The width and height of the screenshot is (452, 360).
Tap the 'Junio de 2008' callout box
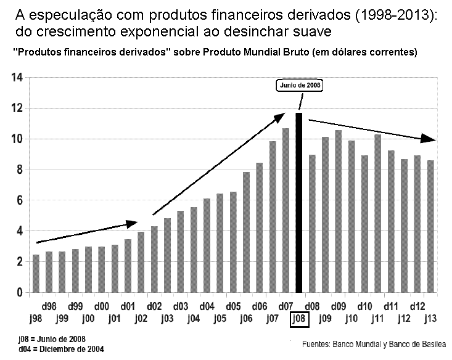(x=299, y=86)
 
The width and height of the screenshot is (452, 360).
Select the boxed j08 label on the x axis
(x=299, y=319)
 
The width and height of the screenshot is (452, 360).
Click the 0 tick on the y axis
(x=19, y=292)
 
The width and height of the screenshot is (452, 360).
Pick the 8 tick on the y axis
(x=19, y=170)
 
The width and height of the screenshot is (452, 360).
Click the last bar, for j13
(x=431, y=226)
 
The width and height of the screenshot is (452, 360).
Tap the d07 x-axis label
(x=286, y=306)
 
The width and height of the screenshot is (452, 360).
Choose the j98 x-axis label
(x=36, y=318)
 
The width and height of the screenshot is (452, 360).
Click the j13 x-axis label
(x=431, y=318)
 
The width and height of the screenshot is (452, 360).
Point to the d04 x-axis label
(x=207, y=306)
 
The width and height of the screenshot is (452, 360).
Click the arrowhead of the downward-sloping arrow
(x=430, y=138)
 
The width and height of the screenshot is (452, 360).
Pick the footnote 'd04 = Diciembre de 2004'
(x=61, y=349)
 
